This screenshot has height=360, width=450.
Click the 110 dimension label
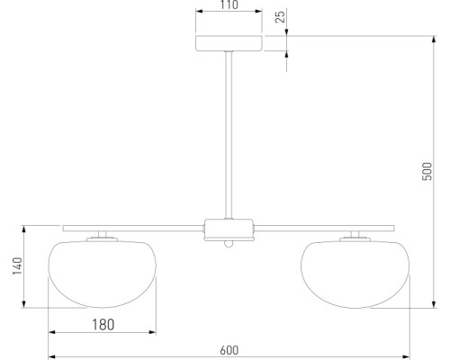229,4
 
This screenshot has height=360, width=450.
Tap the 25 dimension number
280,17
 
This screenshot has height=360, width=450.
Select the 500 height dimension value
427,171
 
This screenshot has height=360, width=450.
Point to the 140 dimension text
17,265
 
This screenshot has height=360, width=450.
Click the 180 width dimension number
103,325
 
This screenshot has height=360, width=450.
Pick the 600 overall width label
229,350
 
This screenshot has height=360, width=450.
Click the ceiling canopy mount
229,43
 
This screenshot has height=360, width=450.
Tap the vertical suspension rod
229,135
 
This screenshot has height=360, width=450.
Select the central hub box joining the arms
229,229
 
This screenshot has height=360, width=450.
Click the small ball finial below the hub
229,244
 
